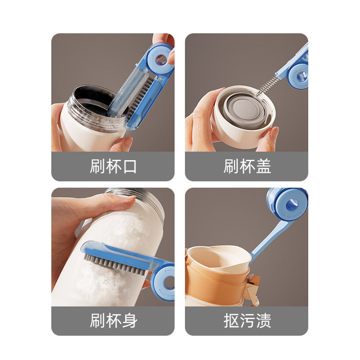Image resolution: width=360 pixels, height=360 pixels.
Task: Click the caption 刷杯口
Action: click(113, 166)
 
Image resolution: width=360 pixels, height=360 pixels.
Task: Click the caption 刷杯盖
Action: click(247, 166)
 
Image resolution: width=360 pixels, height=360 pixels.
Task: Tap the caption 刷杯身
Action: click(113, 320)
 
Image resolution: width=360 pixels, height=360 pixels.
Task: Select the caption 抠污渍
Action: click(247, 320)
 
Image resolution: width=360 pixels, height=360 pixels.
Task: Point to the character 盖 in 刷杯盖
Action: click(264, 166)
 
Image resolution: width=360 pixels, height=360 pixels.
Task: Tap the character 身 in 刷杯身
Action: click(130, 320)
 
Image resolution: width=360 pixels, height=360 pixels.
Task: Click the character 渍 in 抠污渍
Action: click(264, 320)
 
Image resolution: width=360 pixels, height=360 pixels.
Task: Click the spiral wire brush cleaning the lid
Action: click(267, 85)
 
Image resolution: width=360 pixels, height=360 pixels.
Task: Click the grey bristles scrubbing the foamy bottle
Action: click(114, 264)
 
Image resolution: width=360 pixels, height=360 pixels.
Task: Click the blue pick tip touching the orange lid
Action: click(251, 257)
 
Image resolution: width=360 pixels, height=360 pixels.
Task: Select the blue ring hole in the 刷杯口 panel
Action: click(161, 60)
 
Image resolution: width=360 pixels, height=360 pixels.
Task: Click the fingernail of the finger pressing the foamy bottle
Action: click(129, 198)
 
